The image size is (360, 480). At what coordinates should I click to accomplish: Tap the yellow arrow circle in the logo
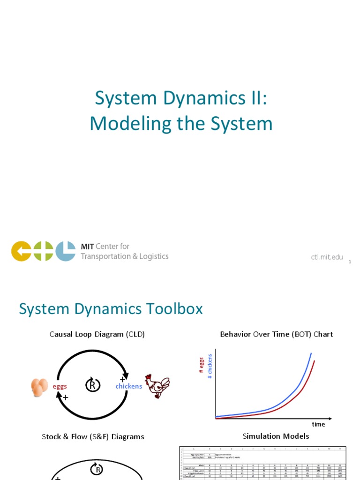[x=21, y=251]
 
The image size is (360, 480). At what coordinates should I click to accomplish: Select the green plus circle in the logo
[x=43, y=251]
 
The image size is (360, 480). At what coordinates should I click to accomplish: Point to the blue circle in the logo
[x=66, y=251]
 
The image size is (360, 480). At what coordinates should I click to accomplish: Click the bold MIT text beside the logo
[x=87, y=247]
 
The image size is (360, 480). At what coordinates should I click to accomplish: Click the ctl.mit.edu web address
[x=327, y=257]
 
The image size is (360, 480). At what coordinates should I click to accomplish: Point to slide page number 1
[x=350, y=262]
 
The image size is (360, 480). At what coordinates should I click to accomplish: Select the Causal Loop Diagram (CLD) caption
[x=97, y=334]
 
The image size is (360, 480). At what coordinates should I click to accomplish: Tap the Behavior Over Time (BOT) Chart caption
[x=277, y=334]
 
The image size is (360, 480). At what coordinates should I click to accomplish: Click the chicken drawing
[x=157, y=386]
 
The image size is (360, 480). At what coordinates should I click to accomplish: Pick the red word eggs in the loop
[x=60, y=386]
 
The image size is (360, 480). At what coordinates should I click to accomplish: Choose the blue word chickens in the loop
[x=128, y=386]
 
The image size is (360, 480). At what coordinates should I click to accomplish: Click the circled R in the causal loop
[x=92, y=385]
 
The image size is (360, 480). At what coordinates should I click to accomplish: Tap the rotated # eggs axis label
[x=201, y=365]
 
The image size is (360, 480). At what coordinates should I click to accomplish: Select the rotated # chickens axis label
[x=210, y=366]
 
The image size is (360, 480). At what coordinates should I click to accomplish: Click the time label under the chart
[x=318, y=424]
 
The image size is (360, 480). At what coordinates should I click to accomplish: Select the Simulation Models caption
[x=276, y=436]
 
